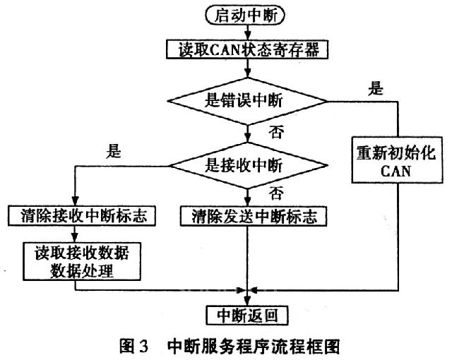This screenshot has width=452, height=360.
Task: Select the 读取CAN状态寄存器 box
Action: [247, 49]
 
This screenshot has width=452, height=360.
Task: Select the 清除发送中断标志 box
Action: [249, 216]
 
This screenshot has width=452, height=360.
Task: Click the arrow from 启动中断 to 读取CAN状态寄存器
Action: [246, 32]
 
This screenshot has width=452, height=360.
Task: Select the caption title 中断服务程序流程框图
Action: [254, 346]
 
